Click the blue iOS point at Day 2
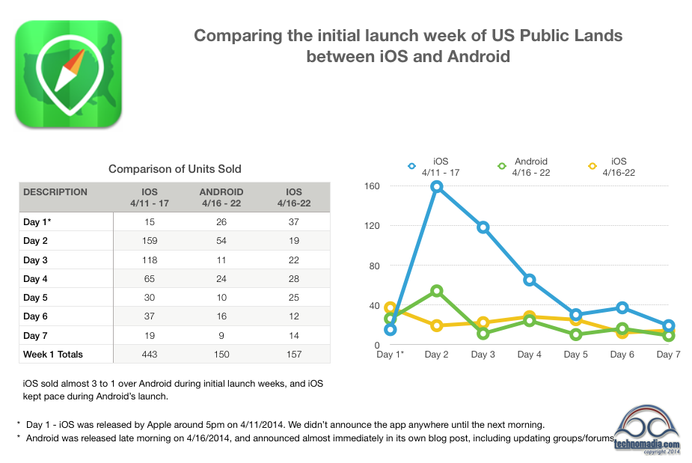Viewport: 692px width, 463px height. (x=436, y=186)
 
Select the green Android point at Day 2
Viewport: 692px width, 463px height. (x=436, y=290)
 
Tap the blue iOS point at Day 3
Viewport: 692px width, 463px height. (x=483, y=227)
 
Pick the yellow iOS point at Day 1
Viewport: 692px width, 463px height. (x=390, y=308)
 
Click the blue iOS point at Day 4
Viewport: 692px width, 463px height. (x=530, y=280)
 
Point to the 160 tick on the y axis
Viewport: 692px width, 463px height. (x=372, y=186)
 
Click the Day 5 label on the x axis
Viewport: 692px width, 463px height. (x=576, y=355)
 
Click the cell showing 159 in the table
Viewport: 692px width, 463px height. (x=150, y=241)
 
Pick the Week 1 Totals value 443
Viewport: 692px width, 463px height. (x=150, y=354)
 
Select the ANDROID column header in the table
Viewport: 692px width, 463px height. (x=221, y=192)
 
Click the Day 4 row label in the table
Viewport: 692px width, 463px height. (x=35, y=279)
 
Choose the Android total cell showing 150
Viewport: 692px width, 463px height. (x=221, y=354)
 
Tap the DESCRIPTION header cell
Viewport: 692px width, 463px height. (x=55, y=192)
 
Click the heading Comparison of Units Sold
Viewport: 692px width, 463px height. (x=175, y=169)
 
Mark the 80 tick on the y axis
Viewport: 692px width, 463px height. (x=374, y=266)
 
